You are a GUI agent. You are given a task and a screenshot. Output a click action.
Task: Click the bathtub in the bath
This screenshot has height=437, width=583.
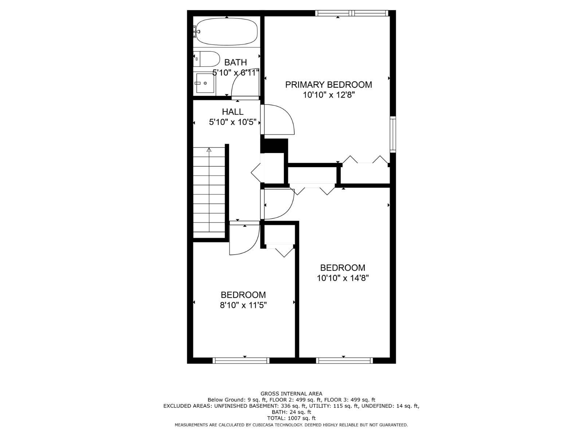point(227,32)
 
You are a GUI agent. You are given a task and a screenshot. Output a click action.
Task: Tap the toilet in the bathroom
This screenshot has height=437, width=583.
point(206,59)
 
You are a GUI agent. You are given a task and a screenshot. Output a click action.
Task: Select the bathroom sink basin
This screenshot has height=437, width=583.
point(205,83)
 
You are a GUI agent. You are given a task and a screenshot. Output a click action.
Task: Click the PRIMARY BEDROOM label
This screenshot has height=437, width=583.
point(329,84)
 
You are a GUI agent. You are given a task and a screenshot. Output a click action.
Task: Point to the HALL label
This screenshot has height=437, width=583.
point(233,112)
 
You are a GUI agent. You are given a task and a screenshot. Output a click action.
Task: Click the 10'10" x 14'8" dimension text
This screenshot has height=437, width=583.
point(343,278)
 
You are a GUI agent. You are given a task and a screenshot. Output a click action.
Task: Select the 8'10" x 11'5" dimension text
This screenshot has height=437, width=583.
point(243,306)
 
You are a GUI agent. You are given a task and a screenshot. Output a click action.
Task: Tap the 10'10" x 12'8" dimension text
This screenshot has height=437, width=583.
point(329,95)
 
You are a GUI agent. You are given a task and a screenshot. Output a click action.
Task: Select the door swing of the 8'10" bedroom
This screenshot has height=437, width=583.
point(252,247)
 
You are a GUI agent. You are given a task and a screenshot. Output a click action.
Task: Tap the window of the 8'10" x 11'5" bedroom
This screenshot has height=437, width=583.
point(241,360)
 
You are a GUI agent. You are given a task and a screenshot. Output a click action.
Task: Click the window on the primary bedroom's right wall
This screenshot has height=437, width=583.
point(392,134)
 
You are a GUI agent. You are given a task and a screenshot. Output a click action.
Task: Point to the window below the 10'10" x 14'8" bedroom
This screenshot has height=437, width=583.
point(344,360)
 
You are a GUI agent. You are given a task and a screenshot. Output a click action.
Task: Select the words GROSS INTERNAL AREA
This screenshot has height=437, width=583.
point(291,394)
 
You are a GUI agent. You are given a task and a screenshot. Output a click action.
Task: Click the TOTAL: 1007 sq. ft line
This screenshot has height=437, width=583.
point(291,418)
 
